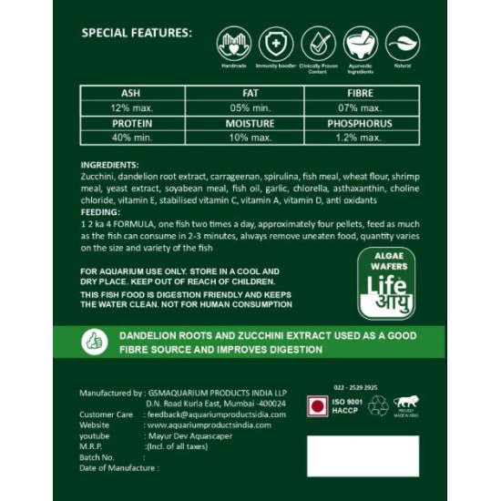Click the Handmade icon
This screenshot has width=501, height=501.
click(234, 44)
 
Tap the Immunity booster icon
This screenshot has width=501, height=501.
click(276, 44)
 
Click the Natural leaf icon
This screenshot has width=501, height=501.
click(402, 44)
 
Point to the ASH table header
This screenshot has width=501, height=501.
click(130, 93)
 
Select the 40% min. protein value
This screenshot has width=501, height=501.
click(130, 138)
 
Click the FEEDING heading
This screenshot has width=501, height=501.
click(100, 211)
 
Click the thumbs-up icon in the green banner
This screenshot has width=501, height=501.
click(94, 342)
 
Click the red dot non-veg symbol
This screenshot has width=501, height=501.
click(317, 405)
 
